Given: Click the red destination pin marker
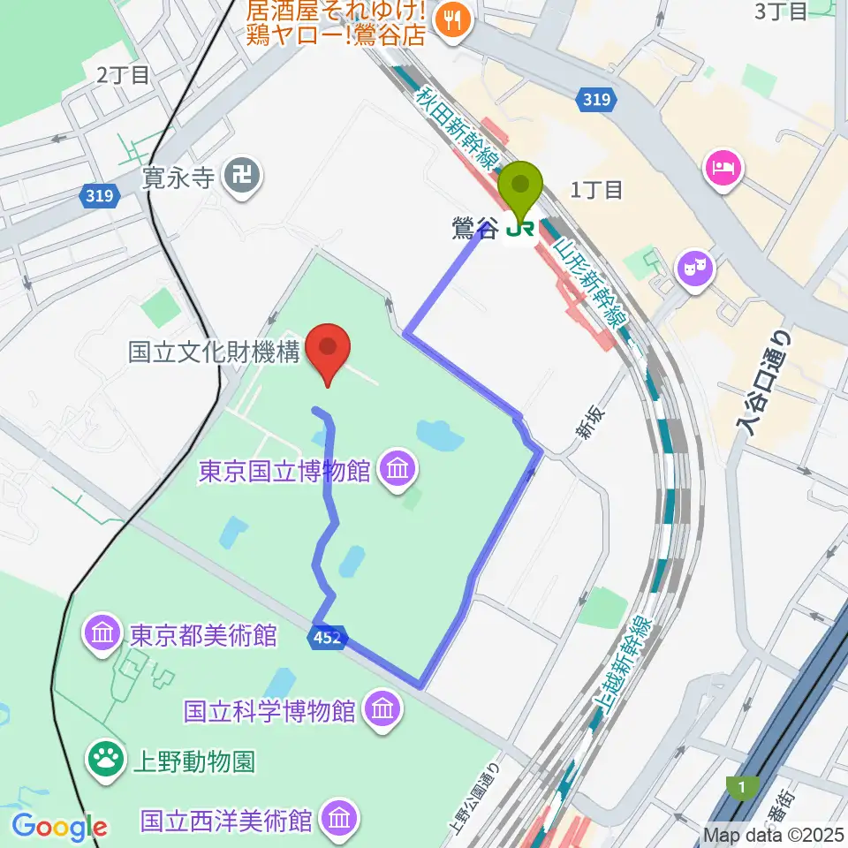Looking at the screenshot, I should [329, 351].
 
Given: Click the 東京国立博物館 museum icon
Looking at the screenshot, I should [397, 469].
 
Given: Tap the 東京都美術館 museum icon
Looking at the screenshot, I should [103, 633].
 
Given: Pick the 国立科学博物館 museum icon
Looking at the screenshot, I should [382, 708].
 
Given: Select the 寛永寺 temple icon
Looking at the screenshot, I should [241, 177].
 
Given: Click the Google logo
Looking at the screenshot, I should [58, 826].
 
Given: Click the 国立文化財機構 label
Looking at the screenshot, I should [215, 353].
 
